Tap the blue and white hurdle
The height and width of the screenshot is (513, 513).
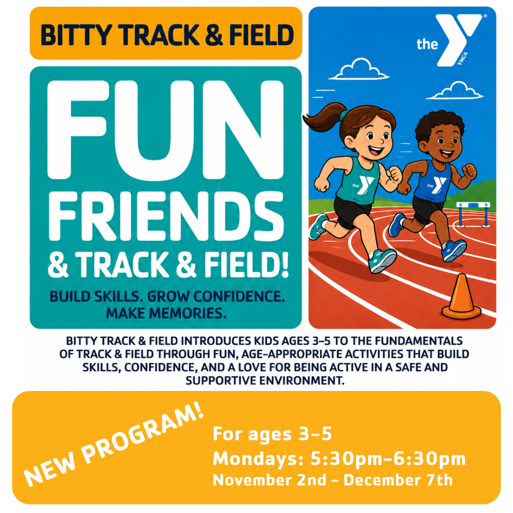[x=473, y=213]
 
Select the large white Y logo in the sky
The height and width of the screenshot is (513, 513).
[x=458, y=39]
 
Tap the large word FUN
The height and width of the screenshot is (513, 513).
[x=166, y=130]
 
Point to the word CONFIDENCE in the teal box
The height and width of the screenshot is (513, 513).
[x=239, y=296]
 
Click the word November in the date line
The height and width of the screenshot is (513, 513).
[x=252, y=480]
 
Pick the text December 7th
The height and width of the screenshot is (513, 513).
[x=398, y=480]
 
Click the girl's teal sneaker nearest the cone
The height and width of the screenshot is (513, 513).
[x=382, y=260]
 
